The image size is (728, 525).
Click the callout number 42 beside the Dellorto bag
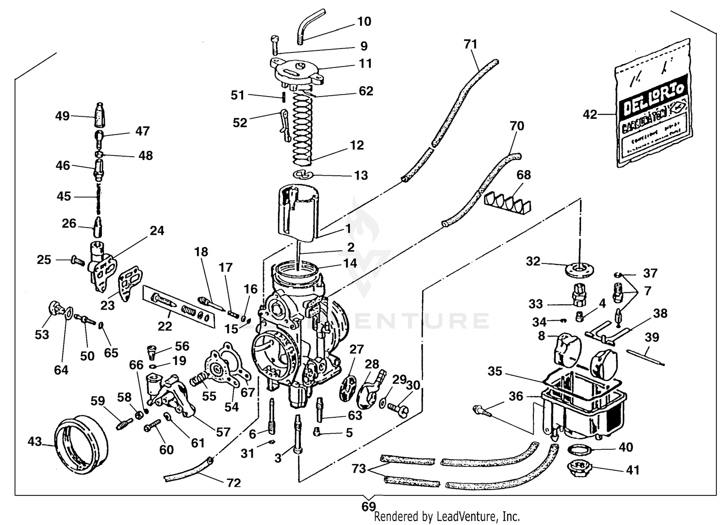pyautogui.click(x=590, y=115)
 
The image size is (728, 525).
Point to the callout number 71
pyautogui.click(x=470, y=45)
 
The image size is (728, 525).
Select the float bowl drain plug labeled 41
pyautogui.click(x=577, y=469)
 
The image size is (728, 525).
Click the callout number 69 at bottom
pyautogui.click(x=368, y=506)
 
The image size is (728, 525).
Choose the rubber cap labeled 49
pyautogui.click(x=100, y=115)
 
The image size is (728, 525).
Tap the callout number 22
pyautogui.click(x=165, y=326)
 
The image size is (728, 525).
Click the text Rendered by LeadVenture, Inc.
pyautogui.click(x=447, y=517)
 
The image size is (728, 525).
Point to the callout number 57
pyautogui.click(x=223, y=431)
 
